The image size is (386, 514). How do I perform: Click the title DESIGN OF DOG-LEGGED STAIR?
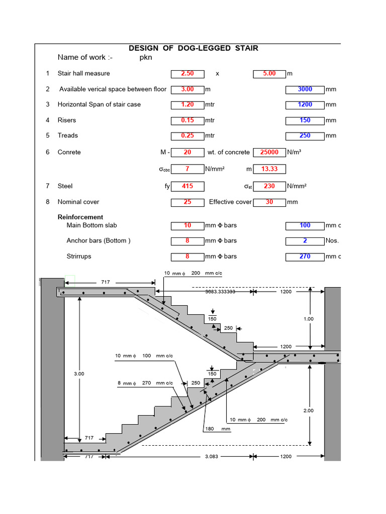(194, 48)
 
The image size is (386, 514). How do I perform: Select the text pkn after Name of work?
(146, 58)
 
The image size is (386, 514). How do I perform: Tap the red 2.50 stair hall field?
(187, 74)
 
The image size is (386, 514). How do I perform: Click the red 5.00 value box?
(269, 74)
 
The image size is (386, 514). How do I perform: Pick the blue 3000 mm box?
(305, 89)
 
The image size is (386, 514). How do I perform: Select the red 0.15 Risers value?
(187, 120)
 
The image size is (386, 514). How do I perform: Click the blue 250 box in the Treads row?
(305, 136)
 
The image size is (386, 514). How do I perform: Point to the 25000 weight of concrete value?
(269, 152)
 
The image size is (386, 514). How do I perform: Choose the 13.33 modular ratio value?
(269, 169)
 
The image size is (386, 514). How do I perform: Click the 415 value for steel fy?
(187, 186)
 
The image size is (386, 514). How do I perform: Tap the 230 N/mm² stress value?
(269, 186)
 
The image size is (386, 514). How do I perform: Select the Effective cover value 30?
(269, 202)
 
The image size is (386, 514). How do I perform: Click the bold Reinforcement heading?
(80, 217)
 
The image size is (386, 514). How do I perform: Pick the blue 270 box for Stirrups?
(305, 256)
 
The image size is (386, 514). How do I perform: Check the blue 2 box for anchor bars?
(305, 241)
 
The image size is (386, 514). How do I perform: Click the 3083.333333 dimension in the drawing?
(220, 291)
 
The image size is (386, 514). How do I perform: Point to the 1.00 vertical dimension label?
(309, 319)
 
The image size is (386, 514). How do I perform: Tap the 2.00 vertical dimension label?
(309, 411)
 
